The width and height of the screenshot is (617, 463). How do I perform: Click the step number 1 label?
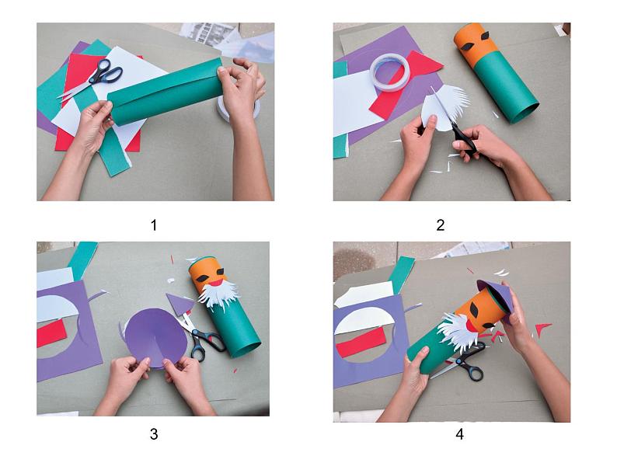click(154, 225)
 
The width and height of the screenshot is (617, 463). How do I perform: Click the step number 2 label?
click(441, 225)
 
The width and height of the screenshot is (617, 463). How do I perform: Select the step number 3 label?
click(154, 434)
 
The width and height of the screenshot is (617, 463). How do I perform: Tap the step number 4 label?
click(459, 434)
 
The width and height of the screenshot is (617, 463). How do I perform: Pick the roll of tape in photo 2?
click(389, 71)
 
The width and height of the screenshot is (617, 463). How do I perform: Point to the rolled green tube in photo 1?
click(166, 92)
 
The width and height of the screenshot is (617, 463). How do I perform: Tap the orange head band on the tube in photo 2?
click(474, 44)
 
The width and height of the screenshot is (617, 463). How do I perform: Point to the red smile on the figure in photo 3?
click(215, 283)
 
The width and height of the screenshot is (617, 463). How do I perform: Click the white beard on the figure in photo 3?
click(218, 296)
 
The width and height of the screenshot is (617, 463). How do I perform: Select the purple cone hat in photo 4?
click(495, 298)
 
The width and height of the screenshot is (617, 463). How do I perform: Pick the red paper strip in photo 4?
click(360, 342)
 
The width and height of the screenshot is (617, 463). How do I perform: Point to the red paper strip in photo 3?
click(51, 333)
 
